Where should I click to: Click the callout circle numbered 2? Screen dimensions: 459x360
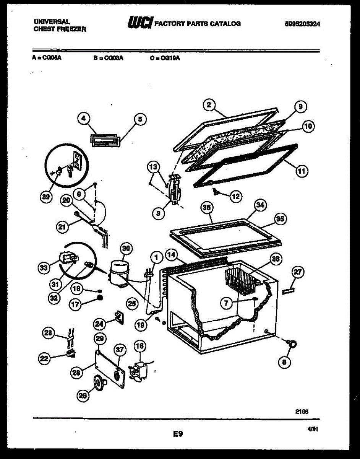pyautogui.click(x=208, y=105)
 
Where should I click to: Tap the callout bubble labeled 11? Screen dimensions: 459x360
pyautogui.click(x=302, y=171)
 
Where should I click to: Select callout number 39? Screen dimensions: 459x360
pyautogui.click(x=46, y=197)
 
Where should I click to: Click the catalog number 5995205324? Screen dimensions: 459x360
pyautogui.click(x=302, y=24)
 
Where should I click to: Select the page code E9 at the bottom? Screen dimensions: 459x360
pyautogui.click(x=178, y=434)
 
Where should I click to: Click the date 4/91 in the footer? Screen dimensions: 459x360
pyautogui.click(x=313, y=430)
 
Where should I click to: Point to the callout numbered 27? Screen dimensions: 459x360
pyautogui.click(x=298, y=272)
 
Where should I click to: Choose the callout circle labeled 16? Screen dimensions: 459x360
pyautogui.click(x=140, y=346)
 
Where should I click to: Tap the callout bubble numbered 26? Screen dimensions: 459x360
pyautogui.click(x=83, y=396)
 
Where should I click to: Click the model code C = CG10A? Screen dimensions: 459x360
pyautogui.click(x=165, y=58)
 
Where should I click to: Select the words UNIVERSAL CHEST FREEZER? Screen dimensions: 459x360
pyautogui.click(x=60, y=26)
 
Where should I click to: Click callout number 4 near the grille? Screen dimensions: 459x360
pyautogui.click(x=83, y=119)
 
